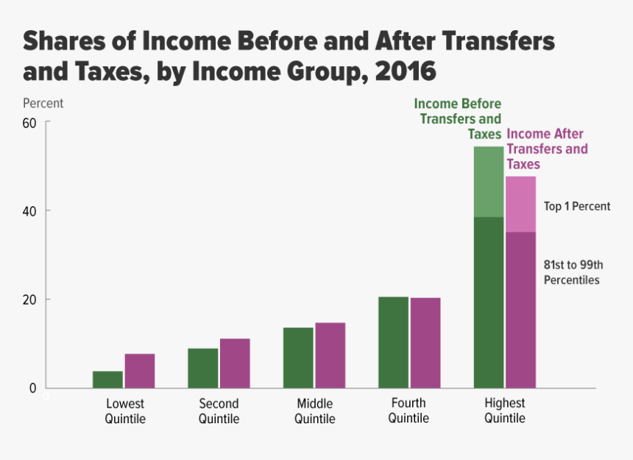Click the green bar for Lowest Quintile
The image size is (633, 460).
click(x=107, y=379)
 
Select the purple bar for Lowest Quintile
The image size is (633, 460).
click(x=139, y=371)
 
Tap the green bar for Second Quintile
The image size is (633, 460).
click(x=202, y=368)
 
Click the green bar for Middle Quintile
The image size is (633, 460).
click(x=298, y=358)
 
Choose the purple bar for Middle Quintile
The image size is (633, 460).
click(x=330, y=355)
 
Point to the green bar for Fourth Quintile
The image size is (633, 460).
click(x=393, y=342)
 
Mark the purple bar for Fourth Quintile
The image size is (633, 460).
click(x=425, y=343)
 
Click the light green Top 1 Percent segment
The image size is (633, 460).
click(x=489, y=182)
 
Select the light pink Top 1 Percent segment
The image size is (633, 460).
click(x=520, y=204)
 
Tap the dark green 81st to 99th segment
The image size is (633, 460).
click(x=489, y=302)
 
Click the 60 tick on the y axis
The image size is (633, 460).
click(x=29, y=122)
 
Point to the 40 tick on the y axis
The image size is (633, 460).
click(x=29, y=210)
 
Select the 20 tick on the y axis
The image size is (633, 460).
click(x=29, y=300)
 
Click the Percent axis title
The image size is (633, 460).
click(x=43, y=103)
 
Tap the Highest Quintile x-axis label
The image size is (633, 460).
click(x=505, y=411)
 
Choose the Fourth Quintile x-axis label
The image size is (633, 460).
click(x=409, y=411)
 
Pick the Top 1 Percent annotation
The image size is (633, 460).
click(x=577, y=206)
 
